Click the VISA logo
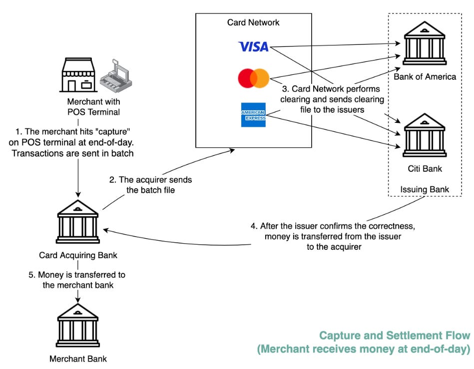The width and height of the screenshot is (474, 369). pyautogui.click(x=253, y=46)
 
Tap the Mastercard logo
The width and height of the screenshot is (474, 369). pyautogui.click(x=254, y=78)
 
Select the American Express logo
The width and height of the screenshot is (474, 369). pyautogui.click(x=253, y=115)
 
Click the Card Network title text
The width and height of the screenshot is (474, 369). pyautogui.click(x=253, y=22)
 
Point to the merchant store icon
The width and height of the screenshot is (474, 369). pyautogui.click(x=78, y=75)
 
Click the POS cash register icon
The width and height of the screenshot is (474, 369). pyautogui.click(x=116, y=76)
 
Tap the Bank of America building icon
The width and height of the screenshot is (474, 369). pyautogui.click(x=425, y=43)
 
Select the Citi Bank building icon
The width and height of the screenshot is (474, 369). pyautogui.click(x=425, y=135)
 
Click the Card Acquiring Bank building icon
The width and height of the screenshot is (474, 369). pyautogui.click(x=78, y=222)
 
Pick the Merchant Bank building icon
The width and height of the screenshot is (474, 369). pyautogui.click(x=78, y=325)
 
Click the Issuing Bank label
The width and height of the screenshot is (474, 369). pyautogui.click(x=425, y=189)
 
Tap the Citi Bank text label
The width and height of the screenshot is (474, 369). pyautogui.click(x=425, y=169)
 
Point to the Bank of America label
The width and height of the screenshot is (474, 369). pyautogui.click(x=425, y=77)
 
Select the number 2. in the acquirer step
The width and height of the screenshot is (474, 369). pyautogui.click(x=113, y=180)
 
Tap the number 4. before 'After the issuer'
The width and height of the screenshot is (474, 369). pyautogui.click(x=254, y=226)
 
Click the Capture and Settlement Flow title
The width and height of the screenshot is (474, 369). pyautogui.click(x=395, y=336)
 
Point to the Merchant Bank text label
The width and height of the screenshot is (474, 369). pyautogui.click(x=78, y=359)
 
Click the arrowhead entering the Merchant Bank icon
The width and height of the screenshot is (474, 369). pyautogui.click(x=78, y=300)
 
